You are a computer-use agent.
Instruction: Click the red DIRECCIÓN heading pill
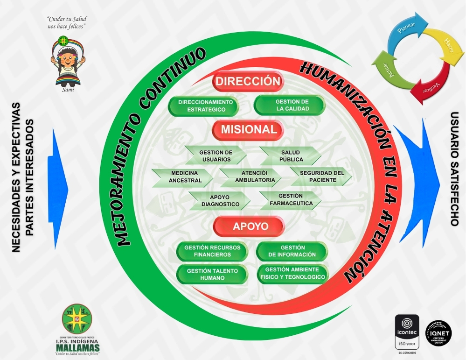coord(248,81)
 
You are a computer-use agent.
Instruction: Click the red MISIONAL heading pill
coord(248,130)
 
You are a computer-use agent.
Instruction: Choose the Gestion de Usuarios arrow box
coord(216,156)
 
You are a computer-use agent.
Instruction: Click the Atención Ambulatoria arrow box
coord(252,176)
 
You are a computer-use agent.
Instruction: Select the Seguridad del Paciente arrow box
coord(321,176)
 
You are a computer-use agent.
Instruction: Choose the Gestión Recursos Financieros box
coord(212,251)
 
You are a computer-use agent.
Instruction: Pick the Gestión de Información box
coord(292,251)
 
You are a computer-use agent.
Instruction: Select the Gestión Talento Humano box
coord(212,274)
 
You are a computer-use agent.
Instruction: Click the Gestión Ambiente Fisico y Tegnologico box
coord(292,274)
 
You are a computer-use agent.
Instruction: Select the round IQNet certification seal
coord(438,334)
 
